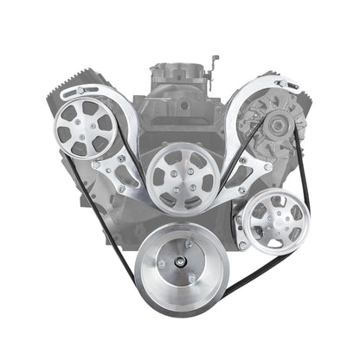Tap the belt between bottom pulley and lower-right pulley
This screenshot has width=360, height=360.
pos(242,267)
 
